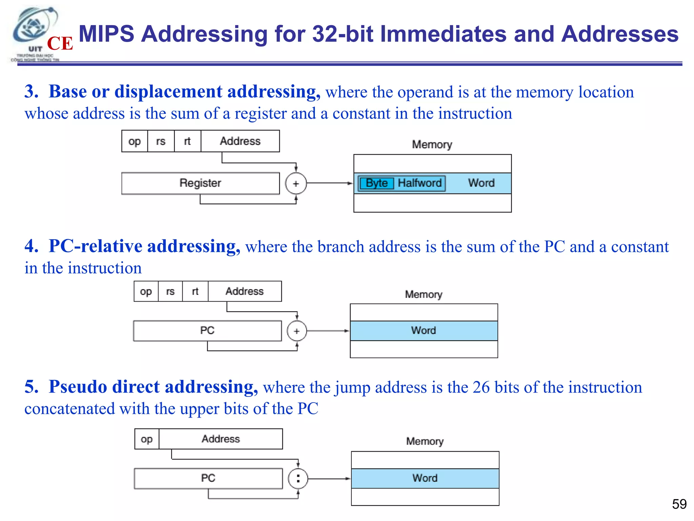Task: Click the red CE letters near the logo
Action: point(60,43)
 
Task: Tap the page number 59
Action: point(679,504)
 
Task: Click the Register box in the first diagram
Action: point(200,183)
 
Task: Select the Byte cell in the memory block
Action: point(376,183)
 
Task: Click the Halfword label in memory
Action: point(420,183)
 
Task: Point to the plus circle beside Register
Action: point(296,184)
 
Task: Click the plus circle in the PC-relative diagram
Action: point(297,331)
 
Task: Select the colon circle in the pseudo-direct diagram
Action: point(298,479)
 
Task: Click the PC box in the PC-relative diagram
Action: point(207,330)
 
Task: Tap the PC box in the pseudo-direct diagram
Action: point(208,478)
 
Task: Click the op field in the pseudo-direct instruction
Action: point(147,439)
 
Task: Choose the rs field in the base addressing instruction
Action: point(161,141)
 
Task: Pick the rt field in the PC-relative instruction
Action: point(195,291)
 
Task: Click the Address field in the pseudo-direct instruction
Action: point(221,439)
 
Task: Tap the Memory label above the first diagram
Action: point(432,144)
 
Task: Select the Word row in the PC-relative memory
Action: point(424,330)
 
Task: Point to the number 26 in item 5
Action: point(481,387)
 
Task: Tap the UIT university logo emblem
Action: point(34,29)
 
